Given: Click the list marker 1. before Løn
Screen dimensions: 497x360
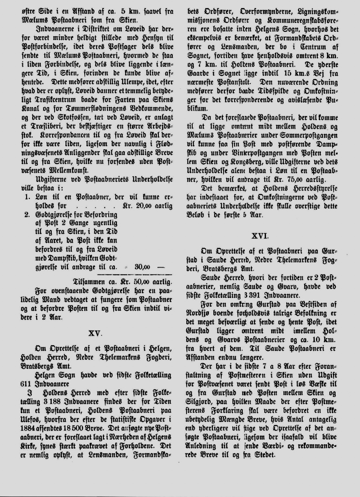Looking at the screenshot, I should pyautogui.click(x=27, y=196).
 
